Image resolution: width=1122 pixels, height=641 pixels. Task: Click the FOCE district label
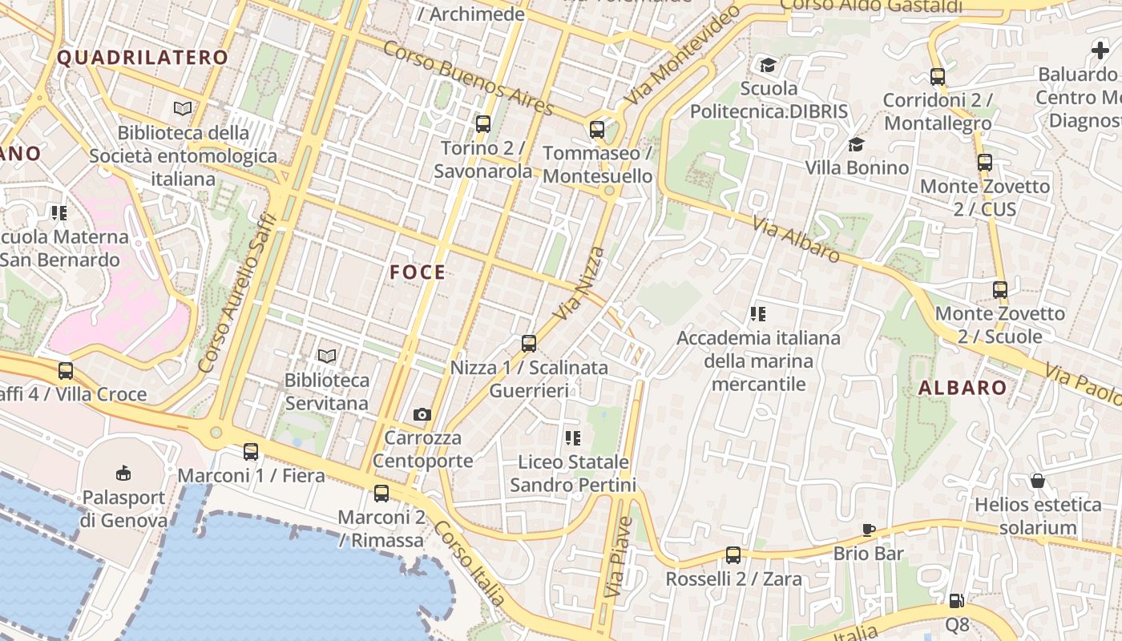[418, 272]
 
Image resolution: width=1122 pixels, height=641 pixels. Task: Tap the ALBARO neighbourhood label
[963, 389]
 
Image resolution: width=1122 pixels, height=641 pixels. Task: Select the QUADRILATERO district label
[143, 58]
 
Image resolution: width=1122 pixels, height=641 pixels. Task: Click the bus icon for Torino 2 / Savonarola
[482, 124]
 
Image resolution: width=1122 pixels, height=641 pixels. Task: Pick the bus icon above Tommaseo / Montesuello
[596, 130]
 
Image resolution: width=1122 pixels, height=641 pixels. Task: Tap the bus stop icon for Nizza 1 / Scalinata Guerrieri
[528, 344]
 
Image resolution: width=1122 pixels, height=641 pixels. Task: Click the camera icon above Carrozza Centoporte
[422, 414]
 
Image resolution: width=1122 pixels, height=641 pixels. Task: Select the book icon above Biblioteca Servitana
[326, 356]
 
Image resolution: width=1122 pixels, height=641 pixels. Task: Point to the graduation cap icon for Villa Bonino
[856, 145]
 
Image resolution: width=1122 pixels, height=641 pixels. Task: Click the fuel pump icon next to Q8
[956, 600]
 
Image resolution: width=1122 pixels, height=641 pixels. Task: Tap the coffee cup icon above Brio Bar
[868, 530]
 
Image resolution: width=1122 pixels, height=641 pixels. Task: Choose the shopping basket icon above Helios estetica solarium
[1038, 481]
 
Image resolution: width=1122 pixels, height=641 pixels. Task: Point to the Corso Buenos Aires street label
[468, 78]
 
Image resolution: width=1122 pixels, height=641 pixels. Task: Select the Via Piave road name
[619, 558]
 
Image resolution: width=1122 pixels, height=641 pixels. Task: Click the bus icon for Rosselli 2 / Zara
[733, 555]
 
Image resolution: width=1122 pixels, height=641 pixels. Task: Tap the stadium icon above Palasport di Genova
[123, 473]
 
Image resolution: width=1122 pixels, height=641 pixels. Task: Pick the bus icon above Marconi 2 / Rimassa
[381, 494]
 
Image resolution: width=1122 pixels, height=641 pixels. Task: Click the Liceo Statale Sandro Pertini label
[573, 474]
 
